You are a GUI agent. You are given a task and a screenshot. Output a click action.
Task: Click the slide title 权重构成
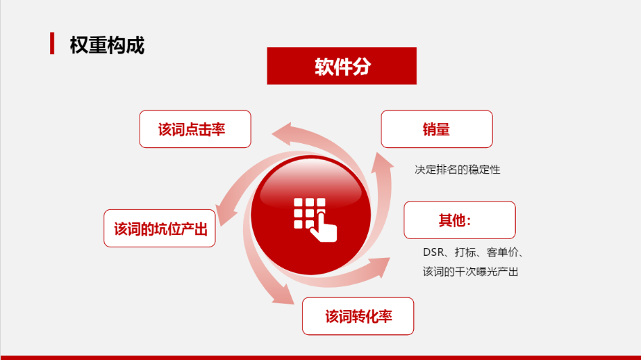(107, 45)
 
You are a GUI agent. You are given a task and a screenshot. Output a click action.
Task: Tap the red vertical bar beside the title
(52, 43)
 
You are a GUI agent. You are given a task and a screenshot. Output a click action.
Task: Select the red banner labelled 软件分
(342, 66)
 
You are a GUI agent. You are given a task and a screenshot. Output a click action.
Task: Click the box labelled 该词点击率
(195, 129)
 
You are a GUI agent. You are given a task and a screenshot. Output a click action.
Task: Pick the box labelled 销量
(437, 129)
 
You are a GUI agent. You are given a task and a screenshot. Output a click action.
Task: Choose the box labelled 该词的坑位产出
(160, 228)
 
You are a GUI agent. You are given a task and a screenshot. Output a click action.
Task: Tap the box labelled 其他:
(460, 220)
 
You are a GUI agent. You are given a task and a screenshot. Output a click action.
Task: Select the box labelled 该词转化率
(358, 316)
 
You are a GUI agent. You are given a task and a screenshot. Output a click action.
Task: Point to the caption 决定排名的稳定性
(458, 170)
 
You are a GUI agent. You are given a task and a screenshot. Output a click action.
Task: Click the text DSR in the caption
(433, 252)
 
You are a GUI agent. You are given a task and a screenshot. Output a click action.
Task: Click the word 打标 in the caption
(465, 252)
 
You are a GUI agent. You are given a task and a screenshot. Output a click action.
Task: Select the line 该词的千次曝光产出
(471, 271)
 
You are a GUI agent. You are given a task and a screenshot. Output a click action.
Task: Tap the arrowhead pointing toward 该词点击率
(283, 133)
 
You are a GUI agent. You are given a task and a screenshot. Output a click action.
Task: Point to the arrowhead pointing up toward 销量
(382, 163)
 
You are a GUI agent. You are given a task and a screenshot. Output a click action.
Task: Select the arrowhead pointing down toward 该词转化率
(283, 295)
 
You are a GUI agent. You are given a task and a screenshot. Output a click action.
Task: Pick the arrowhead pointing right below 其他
(379, 267)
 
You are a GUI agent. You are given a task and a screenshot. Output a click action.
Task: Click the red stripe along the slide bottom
(321, 358)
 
